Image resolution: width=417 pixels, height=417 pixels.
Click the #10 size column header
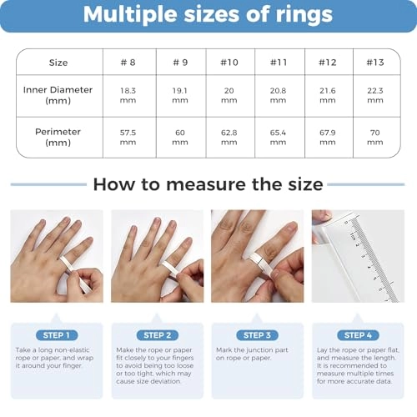229,63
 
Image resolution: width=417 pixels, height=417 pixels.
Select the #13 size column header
375,63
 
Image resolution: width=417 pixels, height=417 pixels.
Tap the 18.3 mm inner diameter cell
128,95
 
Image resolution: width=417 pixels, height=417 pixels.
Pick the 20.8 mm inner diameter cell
278,95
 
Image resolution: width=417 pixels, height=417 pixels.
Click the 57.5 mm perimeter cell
128,138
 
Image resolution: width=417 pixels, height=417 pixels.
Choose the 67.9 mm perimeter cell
328,138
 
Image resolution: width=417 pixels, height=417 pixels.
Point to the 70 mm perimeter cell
375,138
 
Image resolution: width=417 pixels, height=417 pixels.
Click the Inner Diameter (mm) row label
58,95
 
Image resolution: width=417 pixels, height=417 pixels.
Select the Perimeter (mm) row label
58,137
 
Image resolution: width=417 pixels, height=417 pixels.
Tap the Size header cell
58,63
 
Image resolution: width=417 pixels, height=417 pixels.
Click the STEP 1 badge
57,335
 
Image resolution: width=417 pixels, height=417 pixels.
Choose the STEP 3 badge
257,335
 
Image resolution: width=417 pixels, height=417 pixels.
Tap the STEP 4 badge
358,335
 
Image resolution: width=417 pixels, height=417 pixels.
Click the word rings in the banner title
304,15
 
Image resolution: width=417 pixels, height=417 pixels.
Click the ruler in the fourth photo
373,259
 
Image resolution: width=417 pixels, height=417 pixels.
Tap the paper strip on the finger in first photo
73,272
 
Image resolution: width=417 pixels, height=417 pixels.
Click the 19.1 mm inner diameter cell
180,95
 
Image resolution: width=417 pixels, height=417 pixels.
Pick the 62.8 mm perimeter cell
229,138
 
